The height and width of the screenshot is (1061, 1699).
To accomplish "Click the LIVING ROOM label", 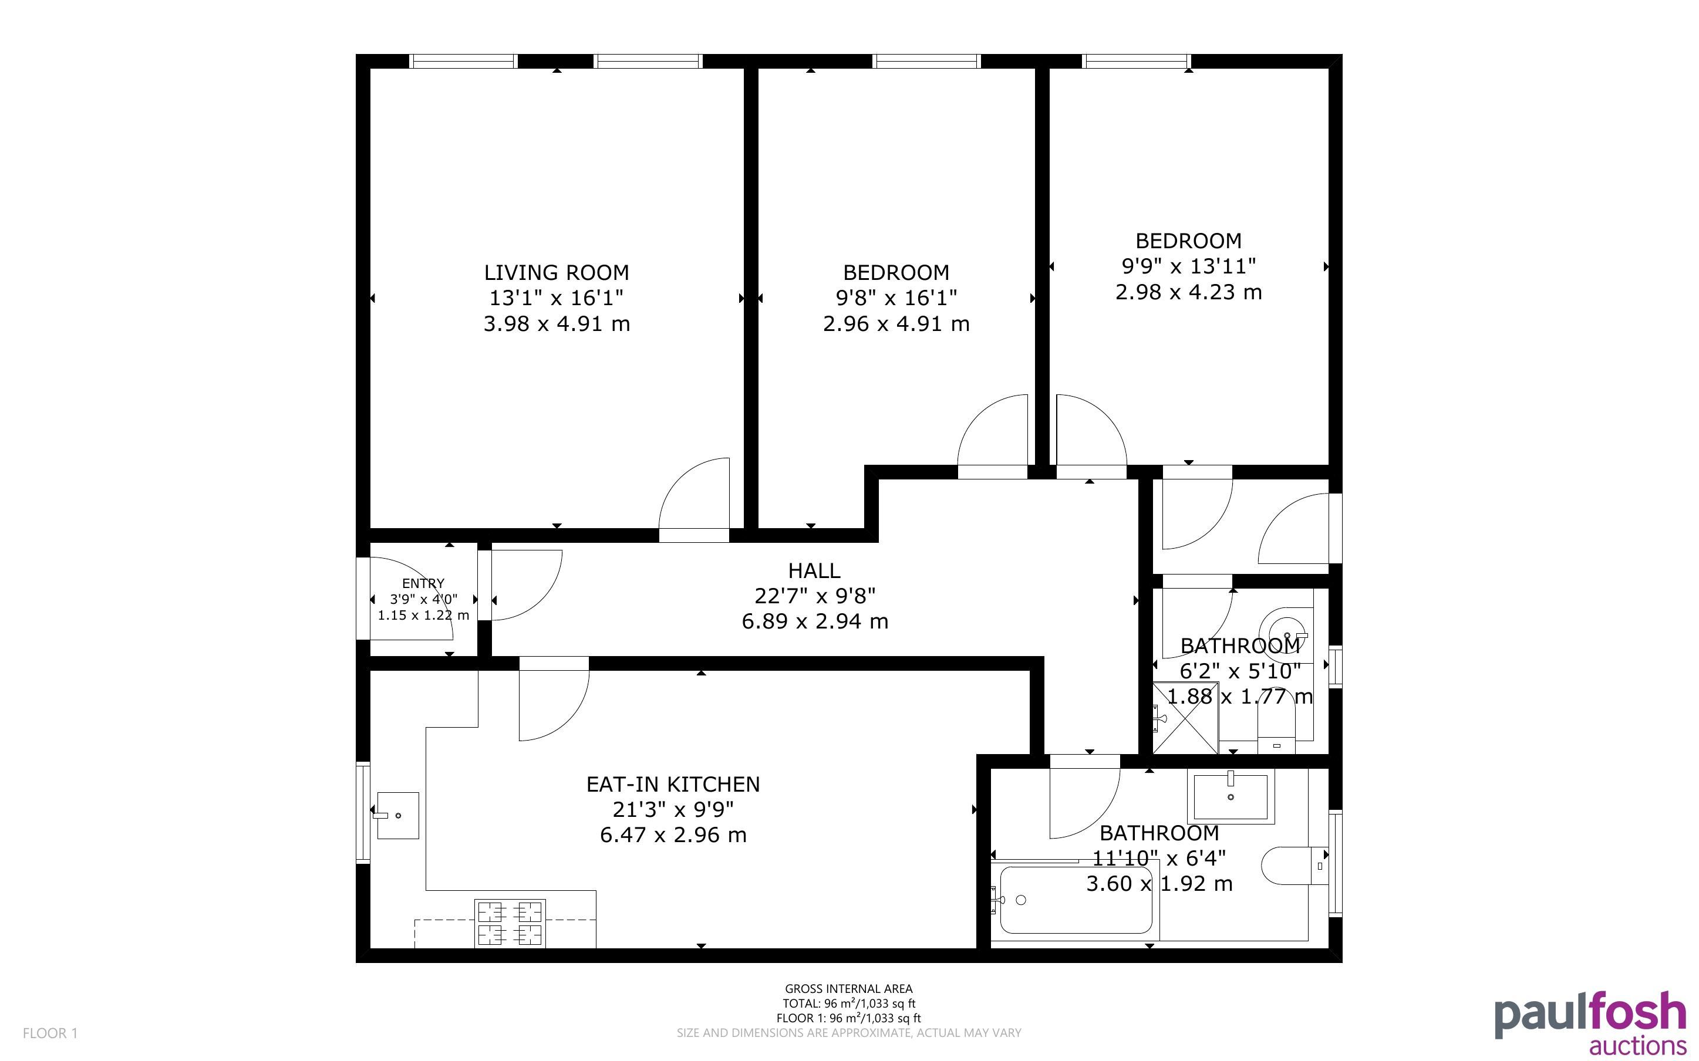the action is click(557, 272).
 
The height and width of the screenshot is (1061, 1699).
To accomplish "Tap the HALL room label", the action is click(814, 570).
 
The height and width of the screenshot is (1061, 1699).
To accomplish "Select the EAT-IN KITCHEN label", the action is click(673, 784).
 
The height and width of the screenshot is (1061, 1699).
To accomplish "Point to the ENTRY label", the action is click(423, 583).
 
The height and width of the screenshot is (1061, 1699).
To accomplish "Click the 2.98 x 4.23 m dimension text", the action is click(1189, 292).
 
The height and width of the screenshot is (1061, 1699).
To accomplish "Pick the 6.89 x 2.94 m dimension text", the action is click(815, 621).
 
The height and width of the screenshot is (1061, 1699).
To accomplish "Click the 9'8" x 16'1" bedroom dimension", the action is click(896, 298).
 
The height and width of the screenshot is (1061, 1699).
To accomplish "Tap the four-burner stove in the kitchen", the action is click(510, 923).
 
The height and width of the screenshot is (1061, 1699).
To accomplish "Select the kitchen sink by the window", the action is click(398, 815).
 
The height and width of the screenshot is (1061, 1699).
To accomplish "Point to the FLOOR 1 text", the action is click(50, 1033).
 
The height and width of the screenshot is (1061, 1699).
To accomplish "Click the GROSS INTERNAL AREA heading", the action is click(848, 989).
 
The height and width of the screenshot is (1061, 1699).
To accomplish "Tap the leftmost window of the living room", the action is click(463, 61).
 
